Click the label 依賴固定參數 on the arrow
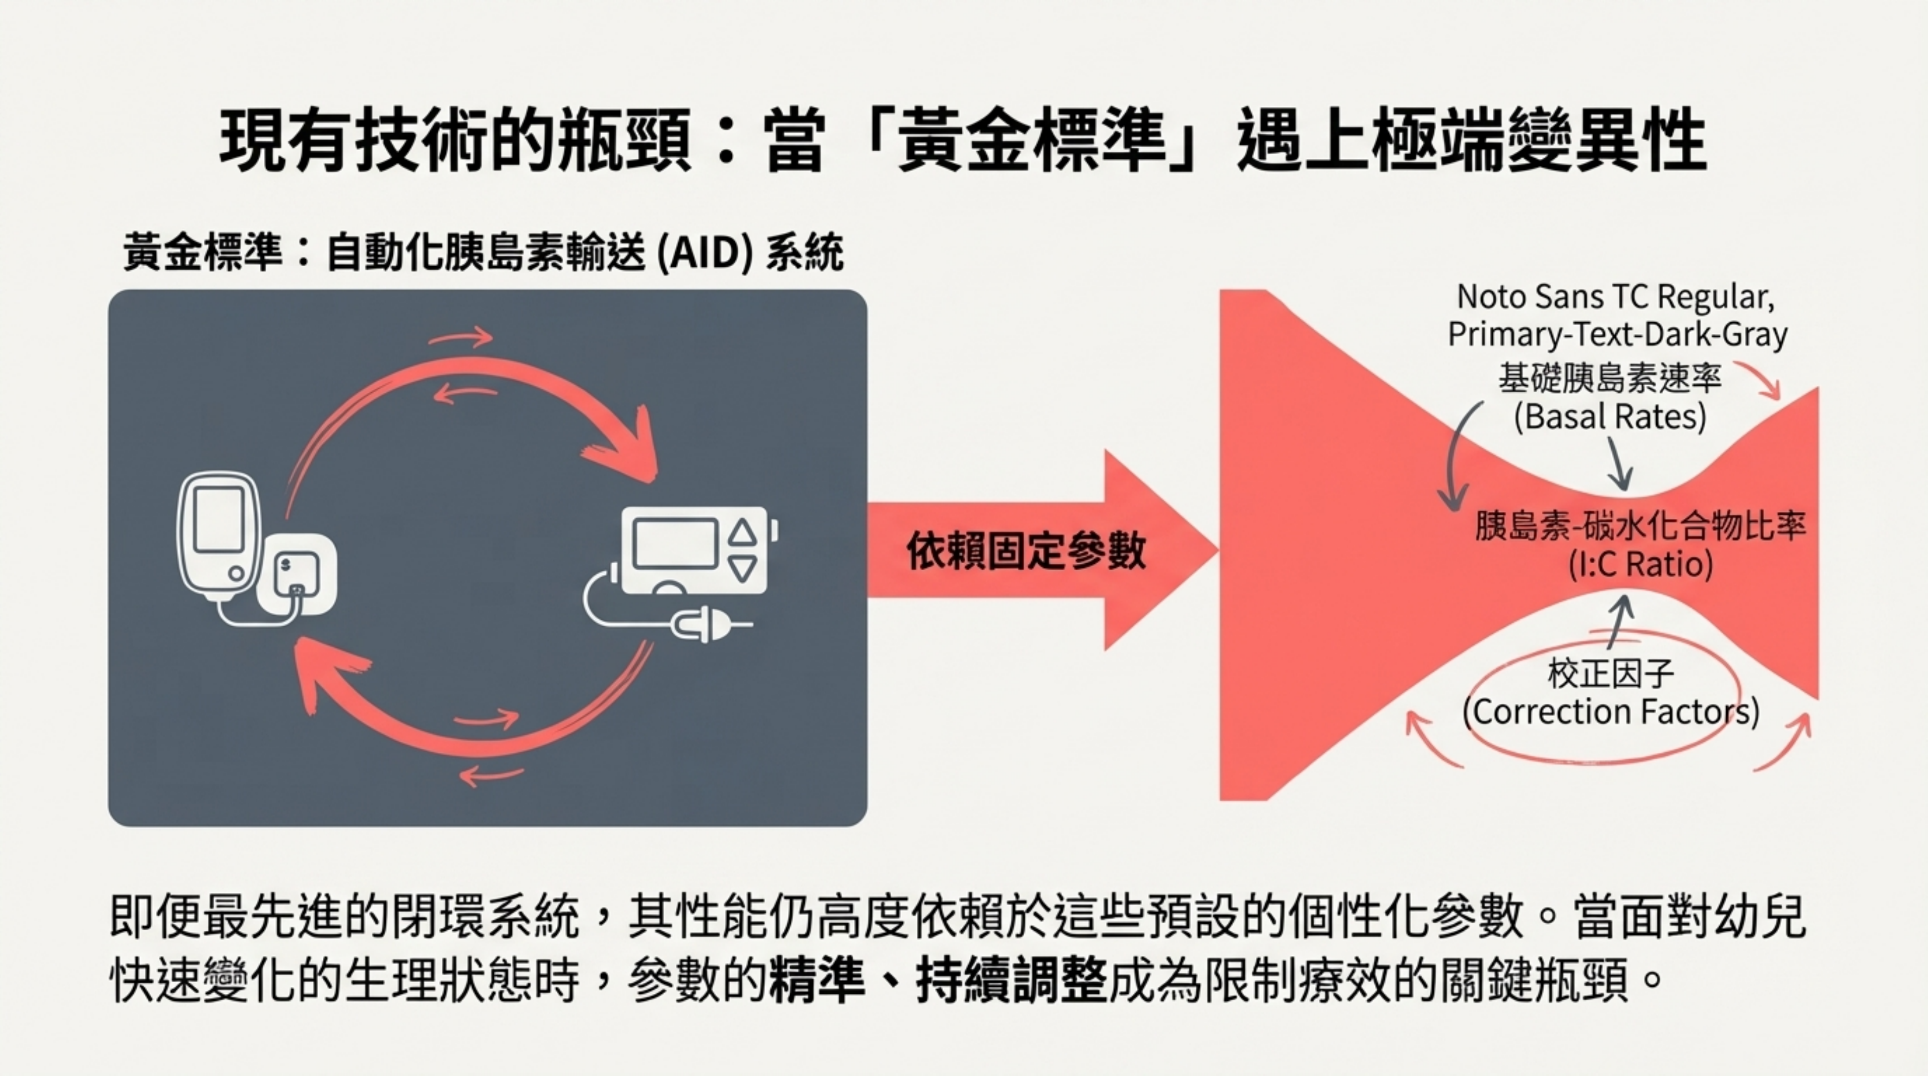[1025, 552]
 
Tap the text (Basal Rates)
[1609, 417]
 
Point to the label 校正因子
[1610, 674]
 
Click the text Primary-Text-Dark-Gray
[1617, 334]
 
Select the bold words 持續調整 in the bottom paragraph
[1011, 979]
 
